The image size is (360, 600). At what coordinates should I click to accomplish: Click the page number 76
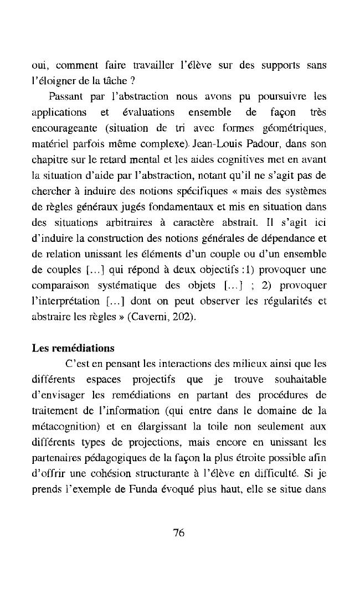point(178,532)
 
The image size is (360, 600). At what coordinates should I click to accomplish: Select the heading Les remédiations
point(73,348)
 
